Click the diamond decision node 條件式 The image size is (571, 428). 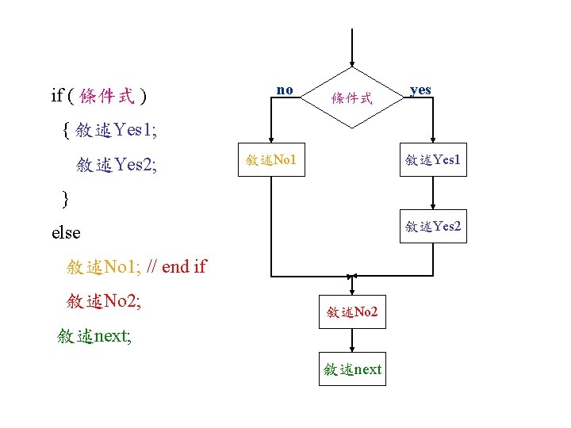pos(351,98)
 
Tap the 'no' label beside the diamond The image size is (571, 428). pos(284,90)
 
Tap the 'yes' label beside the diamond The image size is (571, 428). pos(420,90)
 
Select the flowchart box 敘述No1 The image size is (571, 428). pos(271,160)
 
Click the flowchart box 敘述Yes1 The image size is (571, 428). pos(432,160)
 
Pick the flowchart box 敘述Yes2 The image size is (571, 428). pos(432,227)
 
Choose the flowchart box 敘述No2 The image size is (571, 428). pos(352,312)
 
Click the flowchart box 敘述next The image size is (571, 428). pos(352,369)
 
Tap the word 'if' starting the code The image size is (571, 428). pos(56,97)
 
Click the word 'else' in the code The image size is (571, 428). pos(66,232)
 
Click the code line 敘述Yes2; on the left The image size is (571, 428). pos(117,165)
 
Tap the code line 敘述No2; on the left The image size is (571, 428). pos(104,301)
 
